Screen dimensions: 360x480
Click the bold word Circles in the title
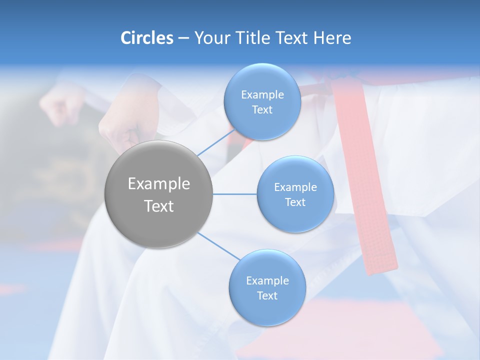(x=146, y=38)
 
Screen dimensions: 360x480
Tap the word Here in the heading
(x=332, y=38)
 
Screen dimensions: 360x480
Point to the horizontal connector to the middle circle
(x=234, y=194)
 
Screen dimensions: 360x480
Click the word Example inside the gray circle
(x=159, y=184)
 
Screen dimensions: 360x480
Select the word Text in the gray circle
(x=159, y=206)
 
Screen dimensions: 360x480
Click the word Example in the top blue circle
(x=262, y=95)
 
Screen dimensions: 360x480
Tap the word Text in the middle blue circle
(x=295, y=202)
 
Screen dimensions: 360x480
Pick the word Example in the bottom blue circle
(x=267, y=281)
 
